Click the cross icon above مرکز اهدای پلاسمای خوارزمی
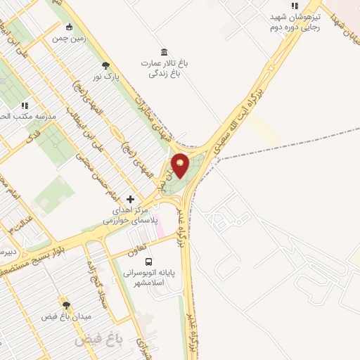[x=130, y=200]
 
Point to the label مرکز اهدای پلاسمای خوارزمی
[x=122, y=215]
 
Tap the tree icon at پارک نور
[x=105, y=65]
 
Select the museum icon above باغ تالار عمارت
[x=164, y=52]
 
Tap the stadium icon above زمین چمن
[x=68, y=27]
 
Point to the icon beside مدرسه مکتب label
[x=25, y=105]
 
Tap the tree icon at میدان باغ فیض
[x=67, y=305]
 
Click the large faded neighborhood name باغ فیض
[x=99, y=340]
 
